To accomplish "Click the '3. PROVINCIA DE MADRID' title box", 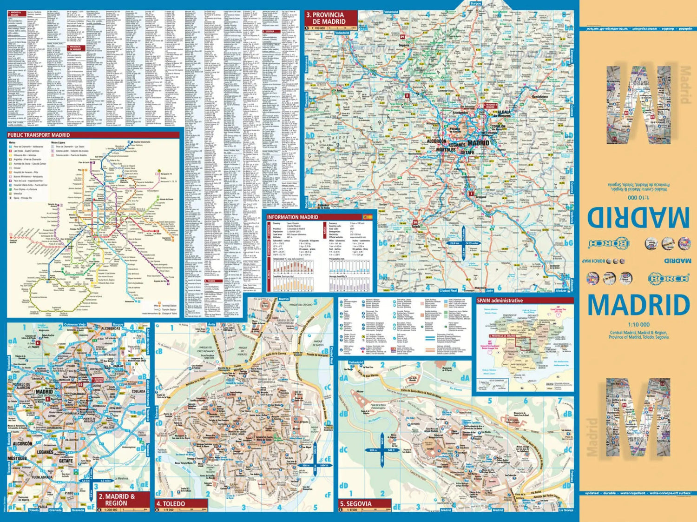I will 330,18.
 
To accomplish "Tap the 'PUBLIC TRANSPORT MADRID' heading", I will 39,135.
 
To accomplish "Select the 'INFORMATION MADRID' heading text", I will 292,217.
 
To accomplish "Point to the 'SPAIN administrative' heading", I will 500,301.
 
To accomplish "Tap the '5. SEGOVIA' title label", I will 355,503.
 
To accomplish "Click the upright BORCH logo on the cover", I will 668,278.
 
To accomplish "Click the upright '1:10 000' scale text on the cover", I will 638,324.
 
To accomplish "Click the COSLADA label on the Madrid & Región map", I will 138,391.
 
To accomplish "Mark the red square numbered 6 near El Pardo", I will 39,343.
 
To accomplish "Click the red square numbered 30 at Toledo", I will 414,222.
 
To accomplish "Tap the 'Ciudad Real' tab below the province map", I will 448,290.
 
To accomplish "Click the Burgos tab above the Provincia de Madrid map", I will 475,3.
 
